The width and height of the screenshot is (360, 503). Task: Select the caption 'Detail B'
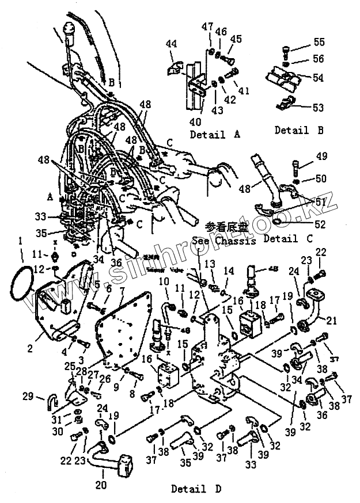point(299,130)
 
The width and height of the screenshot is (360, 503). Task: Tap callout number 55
point(319,41)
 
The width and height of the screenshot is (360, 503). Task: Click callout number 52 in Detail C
point(319,223)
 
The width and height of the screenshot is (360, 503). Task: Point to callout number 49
point(321,155)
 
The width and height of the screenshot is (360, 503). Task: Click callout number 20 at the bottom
point(101,485)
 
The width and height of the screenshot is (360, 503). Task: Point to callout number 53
point(318,107)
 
